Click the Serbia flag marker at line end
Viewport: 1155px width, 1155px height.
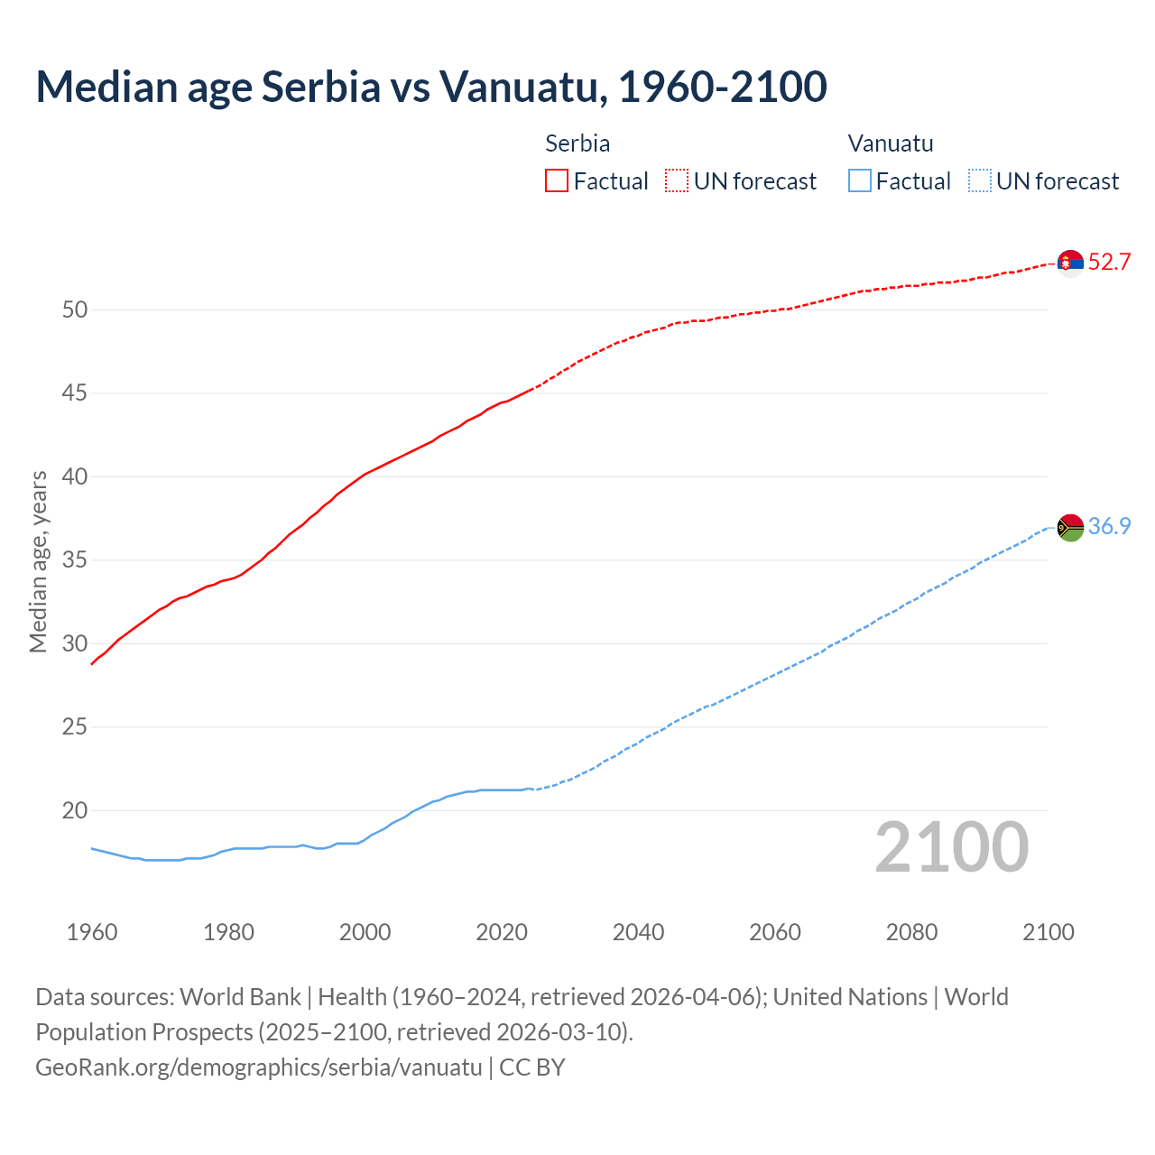1070,263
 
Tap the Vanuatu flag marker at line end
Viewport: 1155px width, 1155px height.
1070,527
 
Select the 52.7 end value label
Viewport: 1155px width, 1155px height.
1109,263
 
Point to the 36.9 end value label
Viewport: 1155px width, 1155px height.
1109,527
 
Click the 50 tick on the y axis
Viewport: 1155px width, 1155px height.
75,310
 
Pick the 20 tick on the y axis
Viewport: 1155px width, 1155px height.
75,811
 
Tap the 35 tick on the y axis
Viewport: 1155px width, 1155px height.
75,560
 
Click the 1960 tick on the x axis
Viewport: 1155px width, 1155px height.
92,932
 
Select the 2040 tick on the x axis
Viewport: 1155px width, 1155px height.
638,932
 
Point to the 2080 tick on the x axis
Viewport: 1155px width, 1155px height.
911,932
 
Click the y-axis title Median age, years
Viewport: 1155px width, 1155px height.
38,561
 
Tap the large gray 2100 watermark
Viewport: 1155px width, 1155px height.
951,847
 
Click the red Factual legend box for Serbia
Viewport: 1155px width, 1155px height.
557,181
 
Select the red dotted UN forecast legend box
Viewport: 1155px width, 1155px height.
677,181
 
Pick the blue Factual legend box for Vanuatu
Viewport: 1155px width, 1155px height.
859,181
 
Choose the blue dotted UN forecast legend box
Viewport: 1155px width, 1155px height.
979,181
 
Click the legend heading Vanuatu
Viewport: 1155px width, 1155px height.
891,143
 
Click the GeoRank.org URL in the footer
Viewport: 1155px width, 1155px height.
259,1067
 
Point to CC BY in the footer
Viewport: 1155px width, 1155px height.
532,1067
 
